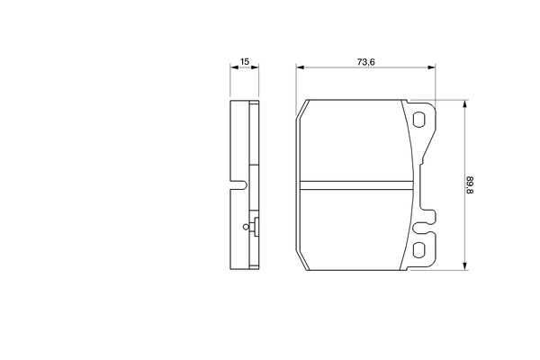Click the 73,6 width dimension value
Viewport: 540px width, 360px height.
[x=365, y=61]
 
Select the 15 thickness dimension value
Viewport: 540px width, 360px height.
[x=244, y=61]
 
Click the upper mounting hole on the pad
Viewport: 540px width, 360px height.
[x=420, y=120]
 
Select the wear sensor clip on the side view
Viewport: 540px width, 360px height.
[x=256, y=228]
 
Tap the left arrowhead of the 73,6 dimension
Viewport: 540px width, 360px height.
[x=300, y=67]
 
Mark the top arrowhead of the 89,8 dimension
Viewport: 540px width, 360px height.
[x=464, y=103]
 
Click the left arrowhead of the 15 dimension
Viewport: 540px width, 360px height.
[x=233, y=67]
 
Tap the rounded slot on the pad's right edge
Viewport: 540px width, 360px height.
[x=429, y=217]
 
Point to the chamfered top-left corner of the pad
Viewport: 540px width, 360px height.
[x=301, y=110]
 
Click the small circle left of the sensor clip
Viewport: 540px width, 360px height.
[x=245, y=228]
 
